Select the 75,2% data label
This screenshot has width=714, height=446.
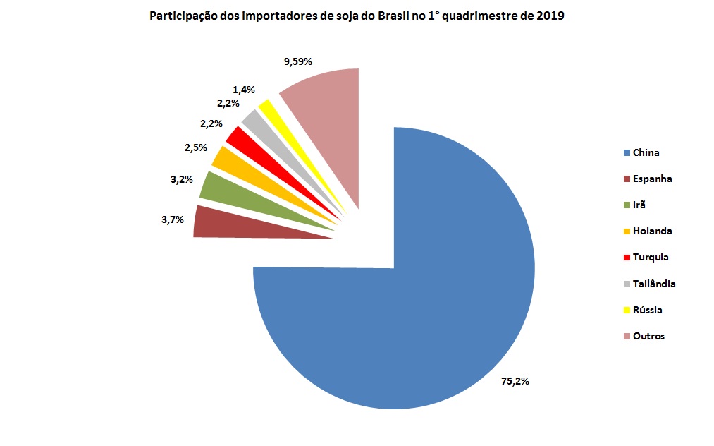(x=515, y=381)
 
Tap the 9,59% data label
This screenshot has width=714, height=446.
(x=297, y=62)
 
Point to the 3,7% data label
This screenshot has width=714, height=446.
(x=172, y=219)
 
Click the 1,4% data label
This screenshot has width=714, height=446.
(x=244, y=90)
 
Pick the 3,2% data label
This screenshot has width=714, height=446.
(x=181, y=180)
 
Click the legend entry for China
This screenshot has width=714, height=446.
(x=646, y=152)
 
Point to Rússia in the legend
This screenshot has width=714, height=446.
(x=647, y=310)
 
